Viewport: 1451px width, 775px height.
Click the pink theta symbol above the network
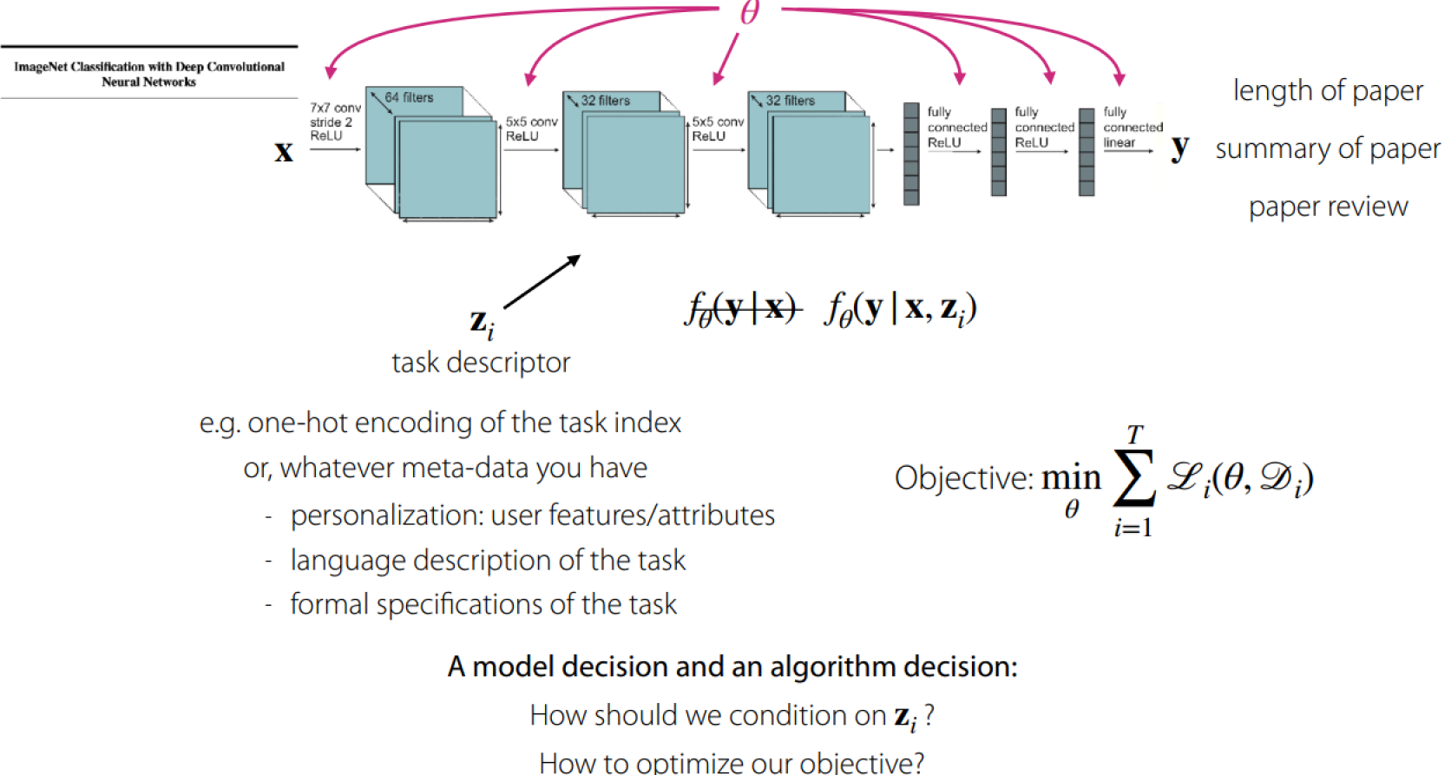(750, 12)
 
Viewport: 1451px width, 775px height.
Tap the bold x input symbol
(284, 152)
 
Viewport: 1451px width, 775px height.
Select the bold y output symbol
(1179, 148)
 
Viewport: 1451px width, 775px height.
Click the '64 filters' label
(409, 97)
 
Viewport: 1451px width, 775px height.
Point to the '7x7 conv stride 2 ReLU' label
(334, 122)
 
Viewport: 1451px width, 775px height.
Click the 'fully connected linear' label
(1132, 127)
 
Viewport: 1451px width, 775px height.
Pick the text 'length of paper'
(1328, 91)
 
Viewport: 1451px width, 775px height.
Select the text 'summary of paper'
(1328, 149)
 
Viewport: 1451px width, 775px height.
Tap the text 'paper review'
(1328, 207)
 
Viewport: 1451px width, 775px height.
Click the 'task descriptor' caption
(481, 362)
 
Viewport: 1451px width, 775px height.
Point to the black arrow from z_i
(542, 282)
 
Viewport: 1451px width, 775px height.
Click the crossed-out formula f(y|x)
(743, 309)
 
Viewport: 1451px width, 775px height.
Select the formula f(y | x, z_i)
(901, 309)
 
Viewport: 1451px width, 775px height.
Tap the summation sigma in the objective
(1134, 478)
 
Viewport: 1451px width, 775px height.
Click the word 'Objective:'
(964, 478)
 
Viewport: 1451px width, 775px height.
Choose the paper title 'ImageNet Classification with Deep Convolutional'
(149, 67)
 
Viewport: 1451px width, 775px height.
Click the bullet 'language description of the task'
(488, 561)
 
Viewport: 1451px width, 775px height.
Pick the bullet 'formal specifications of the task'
(483, 604)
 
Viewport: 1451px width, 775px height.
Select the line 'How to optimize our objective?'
(731, 762)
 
